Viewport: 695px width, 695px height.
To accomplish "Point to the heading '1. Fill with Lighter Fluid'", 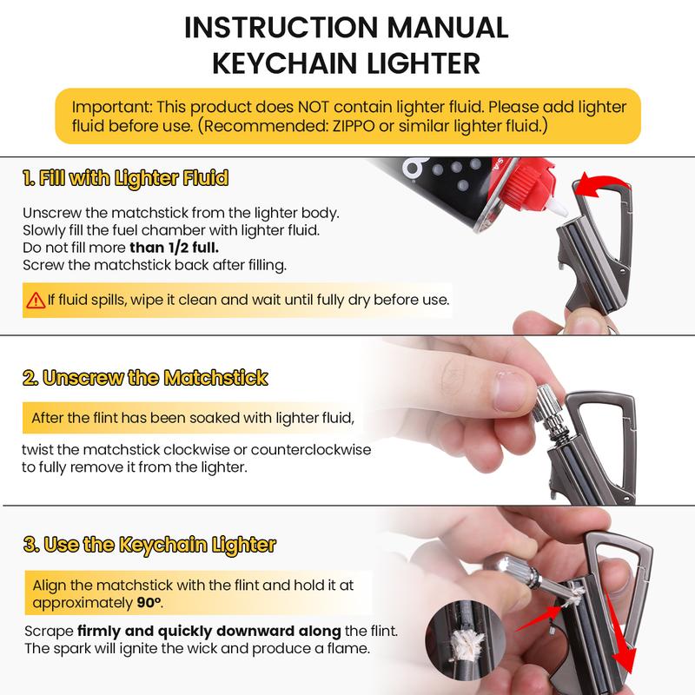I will click(126, 180).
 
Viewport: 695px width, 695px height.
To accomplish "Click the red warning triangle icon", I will click(35, 301).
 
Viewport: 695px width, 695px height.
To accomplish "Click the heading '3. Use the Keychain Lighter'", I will click(149, 546).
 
